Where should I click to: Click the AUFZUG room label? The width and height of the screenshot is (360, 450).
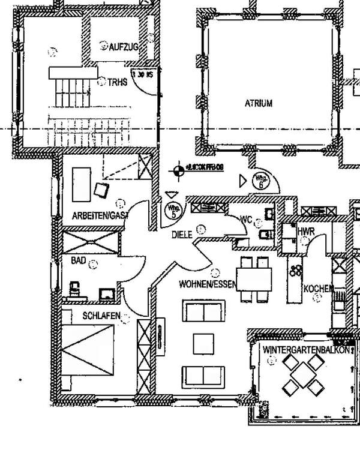coord(124,46)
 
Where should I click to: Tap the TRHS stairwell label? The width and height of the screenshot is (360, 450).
coord(118,83)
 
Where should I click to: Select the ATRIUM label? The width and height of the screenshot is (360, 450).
coord(258,103)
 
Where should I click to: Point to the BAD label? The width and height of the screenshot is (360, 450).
coord(79,261)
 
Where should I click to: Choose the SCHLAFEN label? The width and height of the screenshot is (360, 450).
coord(101,316)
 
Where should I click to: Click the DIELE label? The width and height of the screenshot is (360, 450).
coord(182,235)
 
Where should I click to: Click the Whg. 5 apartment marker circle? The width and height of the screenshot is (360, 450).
coord(171,211)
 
